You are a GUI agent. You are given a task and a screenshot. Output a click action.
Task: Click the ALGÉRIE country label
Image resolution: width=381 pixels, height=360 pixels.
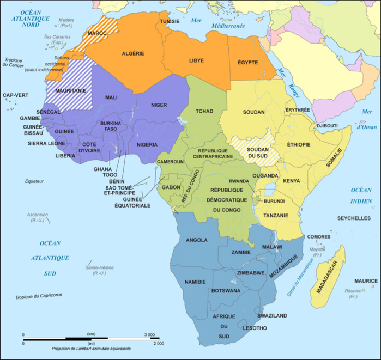point(134,53)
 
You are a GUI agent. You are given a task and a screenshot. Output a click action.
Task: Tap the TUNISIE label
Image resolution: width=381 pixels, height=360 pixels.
point(171,21)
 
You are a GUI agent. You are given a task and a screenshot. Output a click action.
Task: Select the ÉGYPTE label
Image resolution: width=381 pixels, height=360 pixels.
point(247,62)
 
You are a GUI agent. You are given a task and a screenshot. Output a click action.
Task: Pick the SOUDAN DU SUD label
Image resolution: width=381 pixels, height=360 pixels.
point(255,153)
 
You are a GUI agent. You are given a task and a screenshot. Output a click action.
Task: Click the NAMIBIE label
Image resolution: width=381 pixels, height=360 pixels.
point(195,282)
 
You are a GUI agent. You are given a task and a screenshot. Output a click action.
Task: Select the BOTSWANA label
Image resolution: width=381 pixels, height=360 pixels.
point(226,291)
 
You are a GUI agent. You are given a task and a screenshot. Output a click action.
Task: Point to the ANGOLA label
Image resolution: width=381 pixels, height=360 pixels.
point(197,240)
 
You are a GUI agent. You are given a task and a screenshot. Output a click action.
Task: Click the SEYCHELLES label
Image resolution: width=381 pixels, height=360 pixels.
point(354,218)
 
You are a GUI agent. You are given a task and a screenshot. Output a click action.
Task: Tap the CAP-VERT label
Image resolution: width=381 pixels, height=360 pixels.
point(15,95)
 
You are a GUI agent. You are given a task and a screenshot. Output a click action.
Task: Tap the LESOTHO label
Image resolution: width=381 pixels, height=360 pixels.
point(254,328)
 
